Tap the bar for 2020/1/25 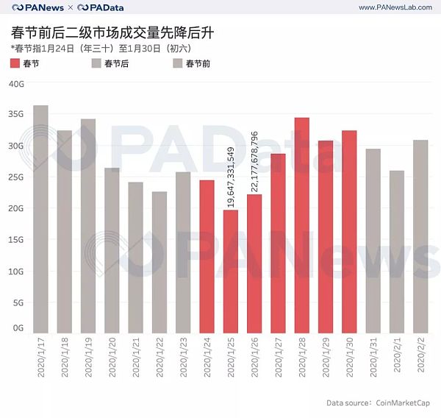(231, 272)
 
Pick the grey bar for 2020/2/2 (421, 236)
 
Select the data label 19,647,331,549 (231, 177)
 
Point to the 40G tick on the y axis (17, 84)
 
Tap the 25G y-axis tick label (17, 177)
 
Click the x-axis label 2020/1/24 (207, 358)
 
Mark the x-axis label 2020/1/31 (373, 358)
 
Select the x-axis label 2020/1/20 (112, 358)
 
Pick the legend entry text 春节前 (198, 64)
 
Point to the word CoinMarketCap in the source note (406, 403)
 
